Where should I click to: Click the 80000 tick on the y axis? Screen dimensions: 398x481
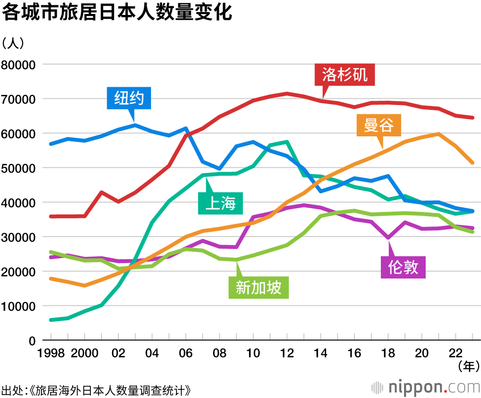tap(19, 65)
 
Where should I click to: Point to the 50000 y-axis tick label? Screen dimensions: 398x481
tap(19, 168)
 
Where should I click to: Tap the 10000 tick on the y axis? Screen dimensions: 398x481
tap(19, 306)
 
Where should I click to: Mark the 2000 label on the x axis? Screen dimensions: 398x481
tap(85, 353)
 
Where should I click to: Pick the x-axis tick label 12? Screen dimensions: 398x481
tap(287, 353)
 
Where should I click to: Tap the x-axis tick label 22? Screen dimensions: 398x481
tap(456, 353)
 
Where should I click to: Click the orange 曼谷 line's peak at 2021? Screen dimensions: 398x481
tap(438, 134)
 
